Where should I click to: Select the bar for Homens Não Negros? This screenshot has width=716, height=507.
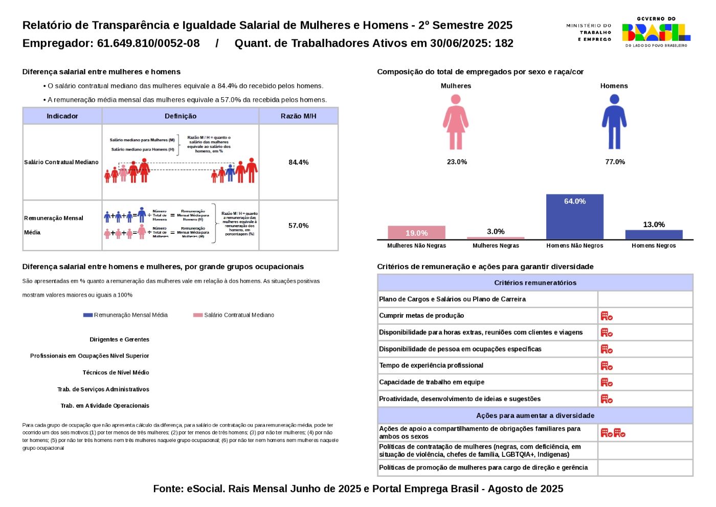574,217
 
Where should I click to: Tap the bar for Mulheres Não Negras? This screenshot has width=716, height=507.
416,233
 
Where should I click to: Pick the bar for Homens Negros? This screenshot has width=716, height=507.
654,235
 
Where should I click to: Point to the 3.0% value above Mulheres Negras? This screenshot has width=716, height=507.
496,231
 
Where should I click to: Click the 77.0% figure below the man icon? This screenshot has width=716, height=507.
615,162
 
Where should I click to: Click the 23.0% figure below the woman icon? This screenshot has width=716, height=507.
457,162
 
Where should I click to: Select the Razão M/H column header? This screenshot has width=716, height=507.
298,116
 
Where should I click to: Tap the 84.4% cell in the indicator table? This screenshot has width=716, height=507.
298,162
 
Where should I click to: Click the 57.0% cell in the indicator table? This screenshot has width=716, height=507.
298,226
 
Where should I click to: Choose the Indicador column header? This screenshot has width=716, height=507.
62,116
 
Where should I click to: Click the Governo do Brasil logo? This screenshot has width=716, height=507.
656,32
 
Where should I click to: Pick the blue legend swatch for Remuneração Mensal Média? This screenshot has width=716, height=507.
88,315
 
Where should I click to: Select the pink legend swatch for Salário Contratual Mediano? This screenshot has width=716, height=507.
198,315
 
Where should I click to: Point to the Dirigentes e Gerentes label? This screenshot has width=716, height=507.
119,340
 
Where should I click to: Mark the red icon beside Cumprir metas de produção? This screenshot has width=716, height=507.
607,316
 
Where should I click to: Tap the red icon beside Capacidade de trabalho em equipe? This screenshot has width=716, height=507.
607,382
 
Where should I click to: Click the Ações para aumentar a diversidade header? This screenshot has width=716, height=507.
535,415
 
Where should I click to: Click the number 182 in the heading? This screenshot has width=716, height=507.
504,43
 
